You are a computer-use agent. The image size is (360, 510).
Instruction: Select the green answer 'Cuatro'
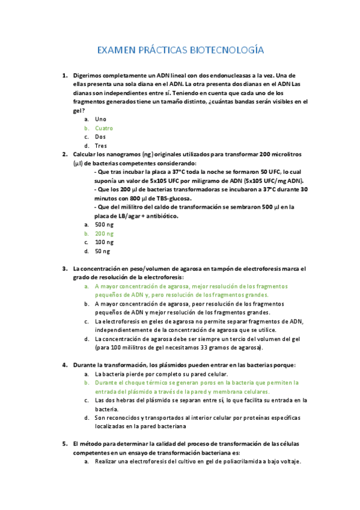click(104, 128)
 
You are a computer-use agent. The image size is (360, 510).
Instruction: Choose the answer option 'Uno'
click(100, 119)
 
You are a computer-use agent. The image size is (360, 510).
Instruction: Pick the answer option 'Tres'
click(101, 146)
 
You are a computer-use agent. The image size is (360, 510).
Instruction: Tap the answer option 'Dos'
click(100, 137)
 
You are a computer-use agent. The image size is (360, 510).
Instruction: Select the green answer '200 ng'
click(104, 233)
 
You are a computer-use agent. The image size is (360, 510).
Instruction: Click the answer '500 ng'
click(104, 224)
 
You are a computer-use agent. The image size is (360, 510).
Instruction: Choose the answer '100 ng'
click(104, 242)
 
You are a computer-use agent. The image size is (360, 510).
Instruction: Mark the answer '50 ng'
click(103, 251)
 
